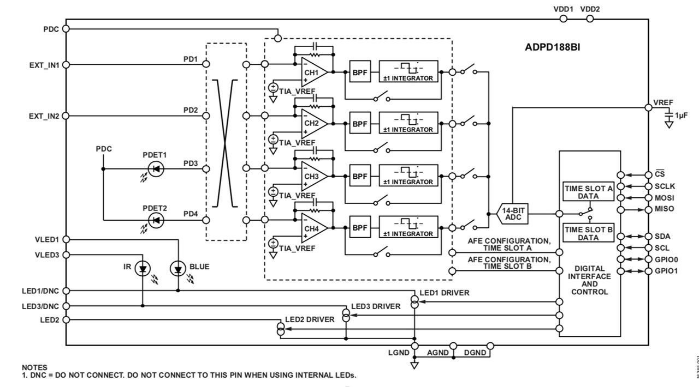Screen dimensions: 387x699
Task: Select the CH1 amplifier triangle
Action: click(x=314, y=72)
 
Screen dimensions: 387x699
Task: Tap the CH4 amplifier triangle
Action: click(x=314, y=228)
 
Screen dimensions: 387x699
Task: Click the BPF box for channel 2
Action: click(x=359, y=124)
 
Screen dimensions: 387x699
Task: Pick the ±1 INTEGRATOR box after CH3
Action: click(x=408, y=176)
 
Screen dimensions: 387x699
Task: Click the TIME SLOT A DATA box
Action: click(x=588, y=192)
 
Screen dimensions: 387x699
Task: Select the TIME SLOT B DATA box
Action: click(x=588, y=233)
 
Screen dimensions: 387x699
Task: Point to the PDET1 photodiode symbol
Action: click(x=156, y=169)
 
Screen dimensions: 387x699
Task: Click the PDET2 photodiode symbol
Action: click(x=156, y=220)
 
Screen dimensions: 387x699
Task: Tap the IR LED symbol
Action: click(x=143, y=268)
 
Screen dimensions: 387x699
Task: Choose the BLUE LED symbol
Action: click(x=178, y=268)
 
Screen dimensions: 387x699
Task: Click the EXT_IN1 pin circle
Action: click(x=66, y=64)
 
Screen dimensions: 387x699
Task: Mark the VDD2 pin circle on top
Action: click(x=589, y=19)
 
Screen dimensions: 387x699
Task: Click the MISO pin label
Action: click(x=664, y=209)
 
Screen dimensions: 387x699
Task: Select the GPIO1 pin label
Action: click(x=666, y=271)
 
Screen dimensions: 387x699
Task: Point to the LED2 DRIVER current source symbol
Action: click(x=281, y=329)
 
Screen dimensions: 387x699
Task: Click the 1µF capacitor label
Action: click(x=682, y=116)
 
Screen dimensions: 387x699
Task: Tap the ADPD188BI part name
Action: click(x=552, y=47)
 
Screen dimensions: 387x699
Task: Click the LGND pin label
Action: click(x=399, y=353)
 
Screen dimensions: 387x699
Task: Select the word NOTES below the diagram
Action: click(x=34, y=368)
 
